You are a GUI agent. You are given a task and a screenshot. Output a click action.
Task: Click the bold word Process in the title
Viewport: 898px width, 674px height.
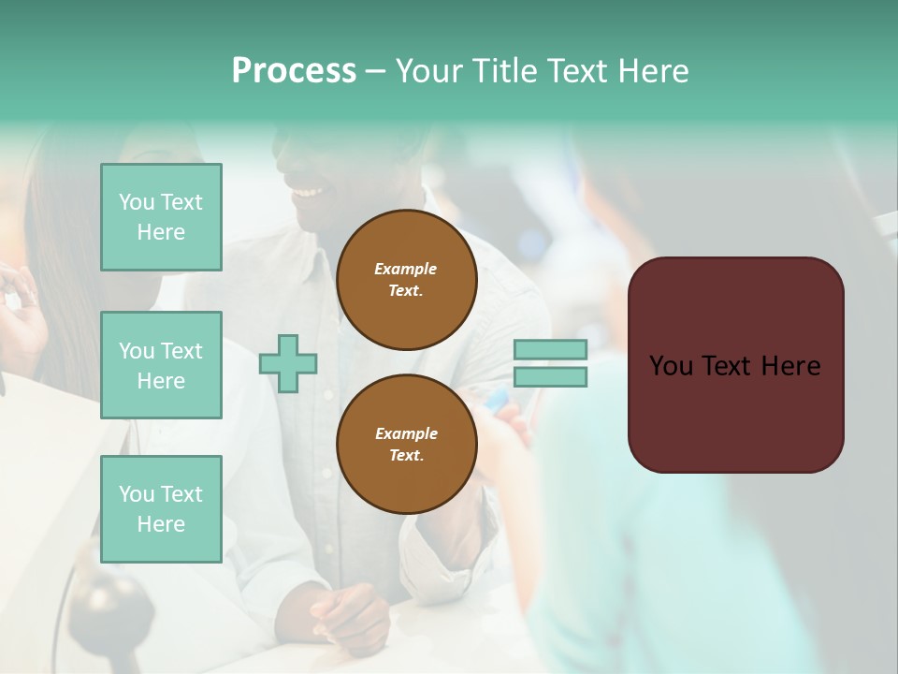pos(294,71)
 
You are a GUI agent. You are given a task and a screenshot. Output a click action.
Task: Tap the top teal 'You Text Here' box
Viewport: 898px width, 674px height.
pos(161,217)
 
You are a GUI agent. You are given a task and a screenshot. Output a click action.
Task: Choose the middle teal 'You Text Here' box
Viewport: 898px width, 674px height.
pos(161,365)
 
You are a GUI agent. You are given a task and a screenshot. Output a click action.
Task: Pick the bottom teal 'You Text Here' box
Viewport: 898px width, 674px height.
pos(161,509)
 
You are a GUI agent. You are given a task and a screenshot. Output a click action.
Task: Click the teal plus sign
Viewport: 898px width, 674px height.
pos(288,363)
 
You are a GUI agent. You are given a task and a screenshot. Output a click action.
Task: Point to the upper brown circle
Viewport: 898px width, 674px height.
pos(406,280)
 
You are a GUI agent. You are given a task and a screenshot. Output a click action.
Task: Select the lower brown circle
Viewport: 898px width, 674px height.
pos(406,445)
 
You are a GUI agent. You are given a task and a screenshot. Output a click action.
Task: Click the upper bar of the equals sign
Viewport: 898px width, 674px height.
pos(550,349)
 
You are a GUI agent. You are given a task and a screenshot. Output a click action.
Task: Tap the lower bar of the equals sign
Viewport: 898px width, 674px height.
pos(550,377)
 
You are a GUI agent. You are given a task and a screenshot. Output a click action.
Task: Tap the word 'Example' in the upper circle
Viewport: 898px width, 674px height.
pos(406,269)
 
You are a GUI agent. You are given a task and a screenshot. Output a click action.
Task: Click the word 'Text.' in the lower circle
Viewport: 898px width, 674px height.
pos(406,456)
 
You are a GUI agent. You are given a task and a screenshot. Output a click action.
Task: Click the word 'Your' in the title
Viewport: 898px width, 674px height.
pos(429,71)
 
